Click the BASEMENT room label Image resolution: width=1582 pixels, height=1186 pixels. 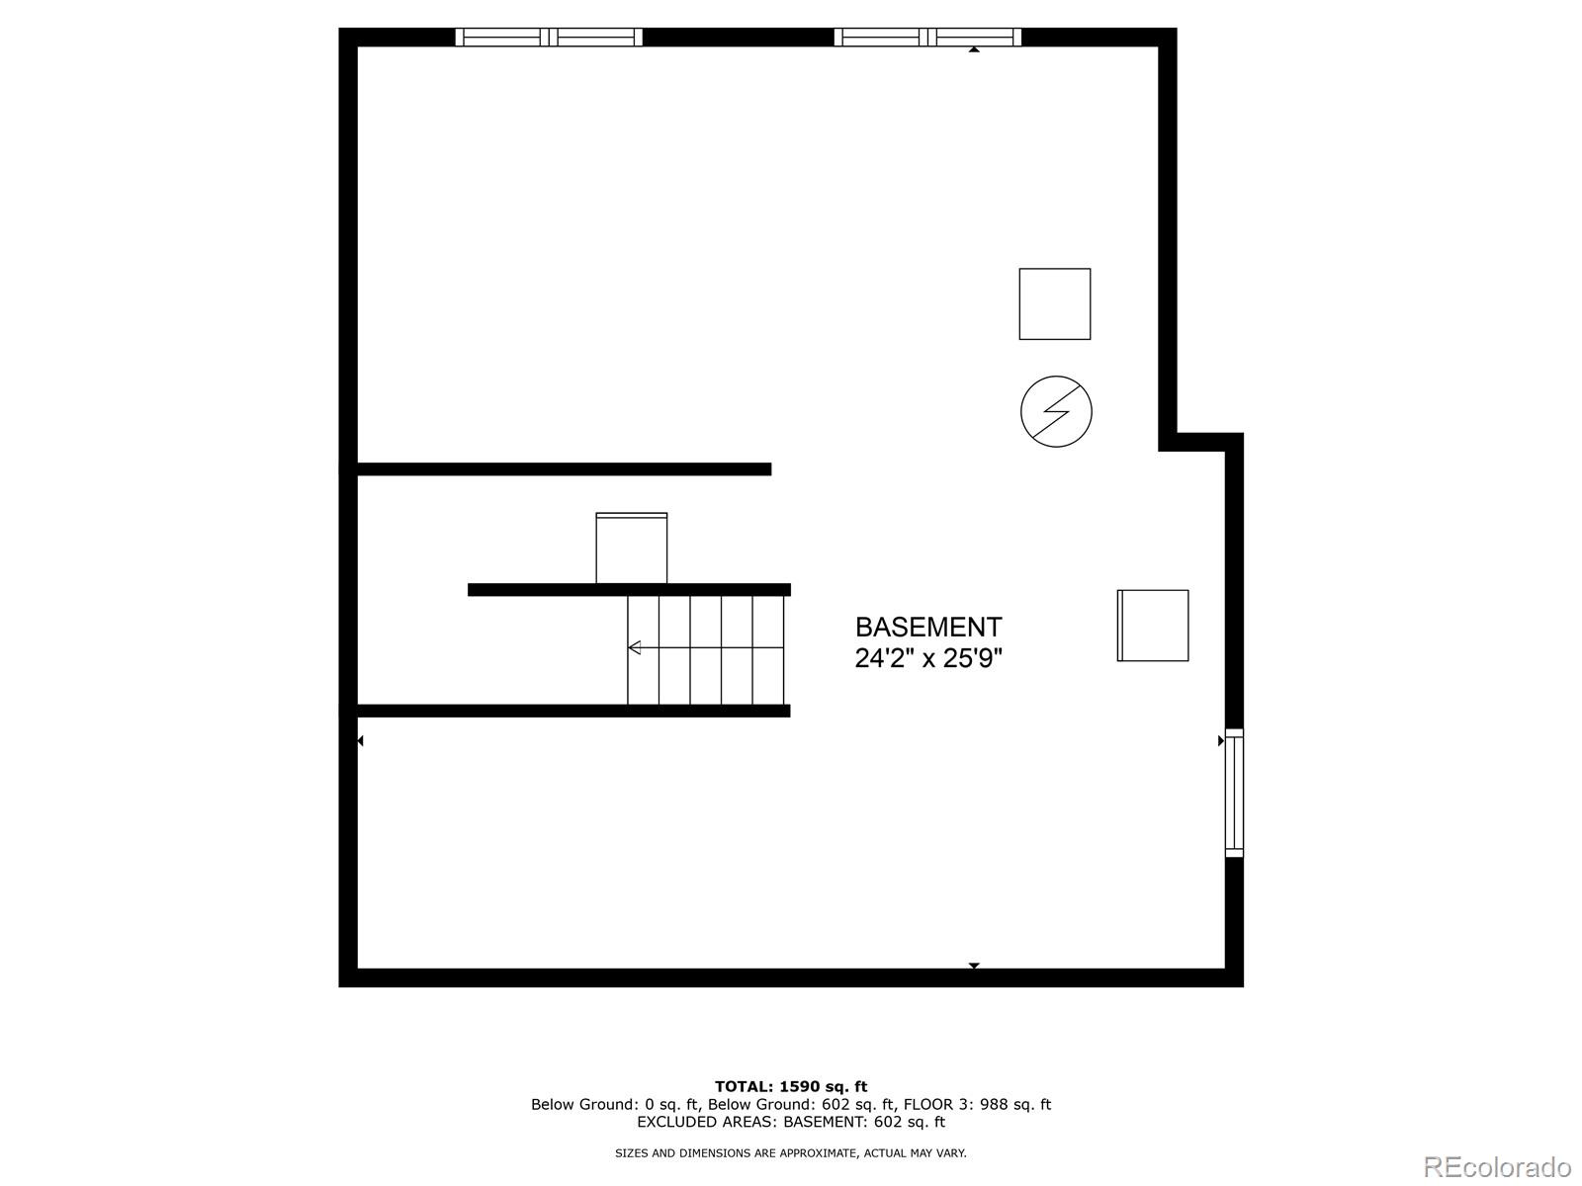click(x=927, y=628)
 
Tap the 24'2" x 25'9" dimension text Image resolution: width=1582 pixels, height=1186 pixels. click(x=927, y=658)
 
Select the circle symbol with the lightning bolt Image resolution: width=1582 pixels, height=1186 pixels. click(x=1056, y=411)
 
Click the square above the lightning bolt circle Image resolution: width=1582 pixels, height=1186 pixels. click(x=1055, y=304)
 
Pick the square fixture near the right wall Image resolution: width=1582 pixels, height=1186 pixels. click(x=1153, y=626)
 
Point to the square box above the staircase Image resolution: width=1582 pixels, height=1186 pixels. click(x=631, y=548)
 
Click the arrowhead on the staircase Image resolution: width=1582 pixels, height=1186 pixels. click(x=635, y=647)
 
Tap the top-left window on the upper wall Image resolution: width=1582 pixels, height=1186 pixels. click(x=549, y=38)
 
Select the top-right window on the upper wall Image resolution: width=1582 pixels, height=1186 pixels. click(x=927, y=38)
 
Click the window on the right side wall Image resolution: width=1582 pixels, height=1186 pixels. click(x=1234, y=793)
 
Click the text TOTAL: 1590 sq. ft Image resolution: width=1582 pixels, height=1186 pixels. click(x=791, y=1086)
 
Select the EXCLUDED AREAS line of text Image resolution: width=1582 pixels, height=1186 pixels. click(x=791, y=1122)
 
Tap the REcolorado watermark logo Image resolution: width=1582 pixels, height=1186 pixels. click(x=1496, y=1166)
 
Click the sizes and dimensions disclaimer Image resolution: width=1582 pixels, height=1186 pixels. click(x=791, y=1152)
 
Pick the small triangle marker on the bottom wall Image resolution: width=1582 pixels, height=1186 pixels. click(x=974, y=966)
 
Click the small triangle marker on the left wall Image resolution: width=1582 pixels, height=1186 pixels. click(x=360, y=740)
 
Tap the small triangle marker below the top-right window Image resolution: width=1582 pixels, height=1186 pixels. click(x=974, y=48)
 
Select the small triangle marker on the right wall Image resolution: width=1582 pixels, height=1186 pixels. click(x=1221, y=740)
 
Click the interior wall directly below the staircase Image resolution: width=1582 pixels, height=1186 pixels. click(x=573, y=711)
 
